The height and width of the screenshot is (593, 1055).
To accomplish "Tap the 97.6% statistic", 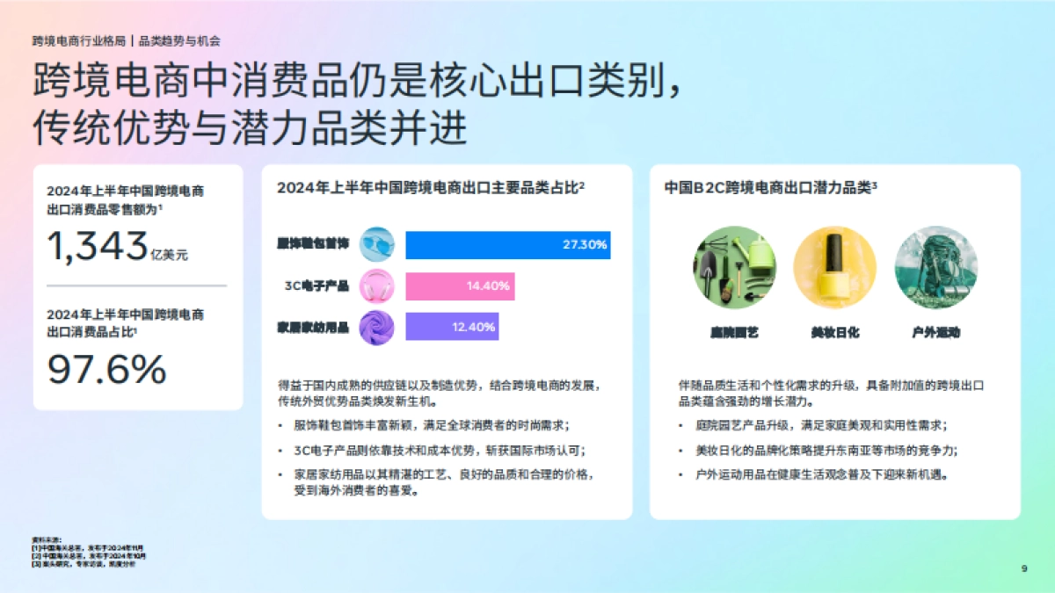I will point(106,369).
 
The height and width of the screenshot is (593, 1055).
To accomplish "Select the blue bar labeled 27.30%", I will point(507,245).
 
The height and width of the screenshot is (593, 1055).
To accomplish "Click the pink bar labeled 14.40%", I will point(460,286).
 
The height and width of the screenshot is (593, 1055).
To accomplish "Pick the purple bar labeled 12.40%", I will point(452,327).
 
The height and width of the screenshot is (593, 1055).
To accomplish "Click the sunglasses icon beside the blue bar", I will point(377,244).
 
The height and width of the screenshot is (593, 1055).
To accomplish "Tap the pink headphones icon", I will point(377,286).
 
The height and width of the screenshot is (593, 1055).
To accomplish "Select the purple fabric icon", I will point(377,327).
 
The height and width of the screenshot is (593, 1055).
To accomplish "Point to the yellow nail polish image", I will point(834,267).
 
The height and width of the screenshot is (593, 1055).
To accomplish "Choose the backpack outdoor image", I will point(935,267).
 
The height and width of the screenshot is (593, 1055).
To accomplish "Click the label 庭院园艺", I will point(734,333).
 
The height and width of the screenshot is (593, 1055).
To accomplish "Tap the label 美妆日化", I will point(834,333).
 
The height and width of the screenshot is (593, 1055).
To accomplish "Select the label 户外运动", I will point(935,333).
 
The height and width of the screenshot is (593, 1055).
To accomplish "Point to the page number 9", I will point(1023,568).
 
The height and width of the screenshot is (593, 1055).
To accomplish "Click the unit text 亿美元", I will point(169,255).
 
